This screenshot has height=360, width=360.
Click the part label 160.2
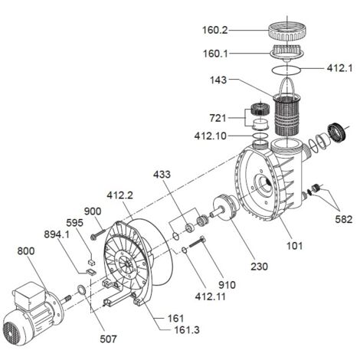214,30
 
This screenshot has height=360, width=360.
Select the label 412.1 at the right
339,68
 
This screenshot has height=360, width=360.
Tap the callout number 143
218,80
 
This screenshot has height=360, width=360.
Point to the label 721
218,118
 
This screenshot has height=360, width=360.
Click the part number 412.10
211,136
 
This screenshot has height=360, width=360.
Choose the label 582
344,219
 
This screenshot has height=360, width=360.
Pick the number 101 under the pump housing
294,246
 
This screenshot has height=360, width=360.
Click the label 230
259,267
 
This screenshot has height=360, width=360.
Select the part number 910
227,285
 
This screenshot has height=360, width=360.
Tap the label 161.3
187,330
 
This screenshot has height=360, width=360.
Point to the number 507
108,339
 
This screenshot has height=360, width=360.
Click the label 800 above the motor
26,251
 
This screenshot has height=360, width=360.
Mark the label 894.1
57,234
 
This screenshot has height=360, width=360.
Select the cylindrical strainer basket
286,115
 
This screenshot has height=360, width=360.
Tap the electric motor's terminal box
29,296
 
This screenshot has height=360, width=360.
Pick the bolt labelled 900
98,234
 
